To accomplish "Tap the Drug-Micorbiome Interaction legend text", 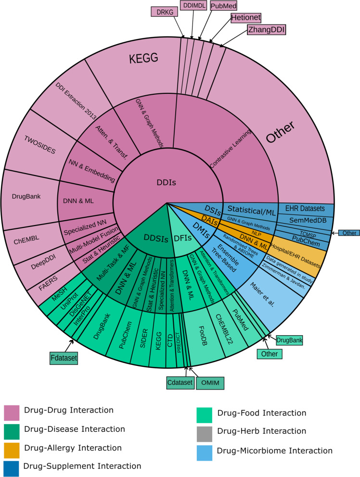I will point(275,451).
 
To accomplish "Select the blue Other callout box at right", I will point(348,233).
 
